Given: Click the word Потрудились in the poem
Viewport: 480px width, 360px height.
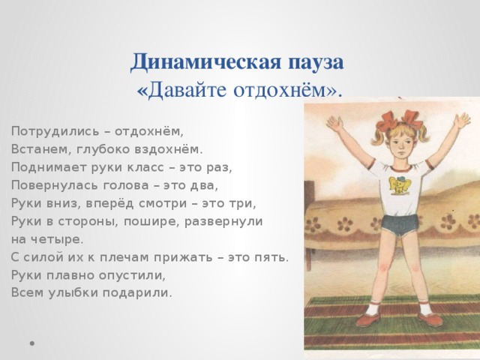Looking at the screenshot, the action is [55, 132].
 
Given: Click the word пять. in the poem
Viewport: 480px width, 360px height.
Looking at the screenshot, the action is [272, 257].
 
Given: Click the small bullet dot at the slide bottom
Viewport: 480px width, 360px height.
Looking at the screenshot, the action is [31, 343].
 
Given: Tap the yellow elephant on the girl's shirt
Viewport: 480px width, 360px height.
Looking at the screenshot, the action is [400, 184].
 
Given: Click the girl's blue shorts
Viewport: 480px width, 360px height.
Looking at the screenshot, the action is [400, 225].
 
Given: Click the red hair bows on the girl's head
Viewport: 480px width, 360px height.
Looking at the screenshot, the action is [400, 120].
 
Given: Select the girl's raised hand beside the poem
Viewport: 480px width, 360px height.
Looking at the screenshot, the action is [334, 124].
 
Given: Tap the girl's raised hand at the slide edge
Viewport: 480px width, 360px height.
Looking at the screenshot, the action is [461, 121].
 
